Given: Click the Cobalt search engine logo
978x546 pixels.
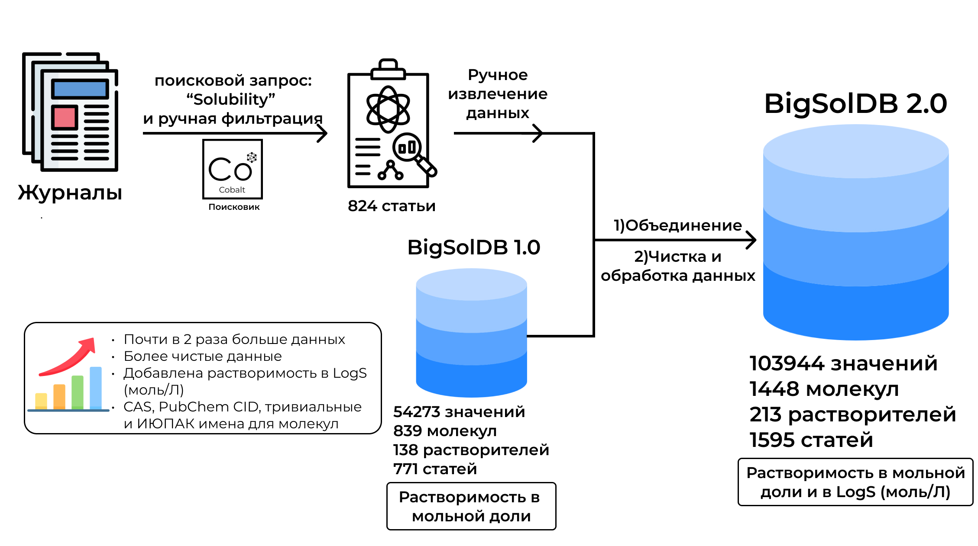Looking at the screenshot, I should (233, 169).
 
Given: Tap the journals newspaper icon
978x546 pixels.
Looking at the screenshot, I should (71, 112).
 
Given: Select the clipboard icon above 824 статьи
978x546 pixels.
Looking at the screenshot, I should (390, 125).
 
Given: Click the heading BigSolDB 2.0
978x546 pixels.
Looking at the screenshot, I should (855, 104).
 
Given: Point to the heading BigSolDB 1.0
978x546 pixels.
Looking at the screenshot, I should (473, 247).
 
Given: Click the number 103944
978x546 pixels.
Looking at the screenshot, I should (787, 363).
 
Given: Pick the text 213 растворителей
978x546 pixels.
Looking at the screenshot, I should (852, 414).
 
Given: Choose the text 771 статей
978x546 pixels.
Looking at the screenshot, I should (435, 469).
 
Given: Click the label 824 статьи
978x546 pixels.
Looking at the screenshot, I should (392, 206).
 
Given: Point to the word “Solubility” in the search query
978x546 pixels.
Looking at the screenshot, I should (231, 100).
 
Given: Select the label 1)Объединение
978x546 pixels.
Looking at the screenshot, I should (677, 225).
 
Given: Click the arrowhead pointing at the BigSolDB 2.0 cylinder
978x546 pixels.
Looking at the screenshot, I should (751, 240).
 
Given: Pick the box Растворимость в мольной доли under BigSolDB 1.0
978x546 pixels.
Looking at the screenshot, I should (471, 506).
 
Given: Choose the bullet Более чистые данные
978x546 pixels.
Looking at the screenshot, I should (203, 356).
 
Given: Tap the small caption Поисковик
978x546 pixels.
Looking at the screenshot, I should (234, 207).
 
